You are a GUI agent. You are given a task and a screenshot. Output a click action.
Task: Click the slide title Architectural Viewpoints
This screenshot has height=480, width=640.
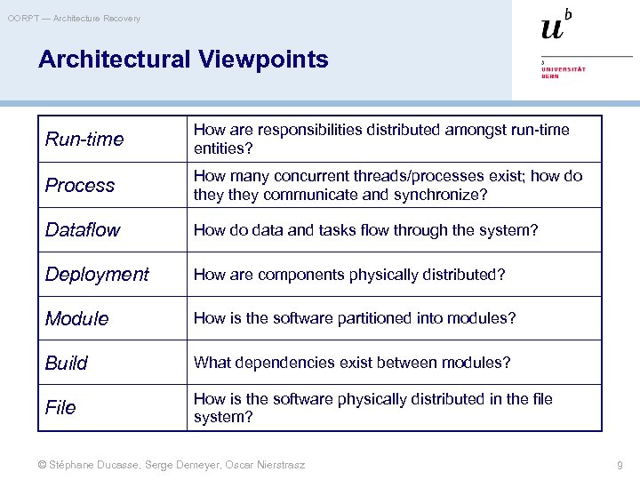183,60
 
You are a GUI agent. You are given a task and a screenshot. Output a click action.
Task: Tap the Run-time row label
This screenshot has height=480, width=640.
84,140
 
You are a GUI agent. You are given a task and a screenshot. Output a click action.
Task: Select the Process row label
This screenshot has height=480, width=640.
80,185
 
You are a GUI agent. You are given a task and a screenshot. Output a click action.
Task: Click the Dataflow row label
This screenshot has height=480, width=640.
83,229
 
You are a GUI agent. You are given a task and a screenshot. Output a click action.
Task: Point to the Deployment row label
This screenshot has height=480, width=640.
97,274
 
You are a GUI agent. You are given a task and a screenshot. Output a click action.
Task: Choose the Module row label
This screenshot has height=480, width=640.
77,318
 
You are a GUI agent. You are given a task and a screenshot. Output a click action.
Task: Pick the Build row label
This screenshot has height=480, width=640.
67,363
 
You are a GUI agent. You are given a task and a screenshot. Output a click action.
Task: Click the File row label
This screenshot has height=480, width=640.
60,407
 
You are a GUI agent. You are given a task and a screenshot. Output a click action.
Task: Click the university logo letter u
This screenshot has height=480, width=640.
552,28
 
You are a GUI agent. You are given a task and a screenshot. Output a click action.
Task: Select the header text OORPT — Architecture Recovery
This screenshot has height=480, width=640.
74,18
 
